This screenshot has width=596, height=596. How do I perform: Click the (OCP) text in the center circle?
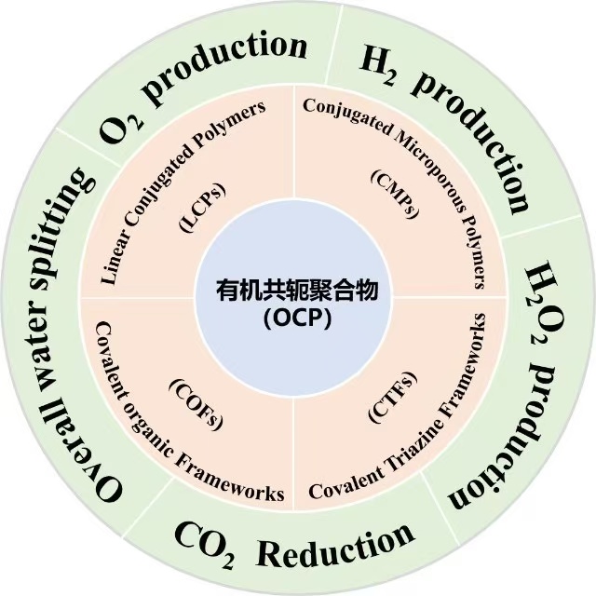(298, 318)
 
